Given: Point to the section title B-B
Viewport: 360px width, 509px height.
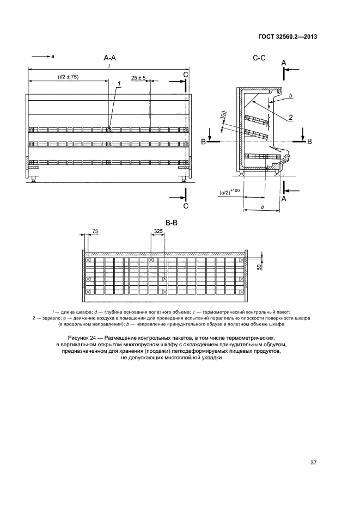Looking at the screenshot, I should pyautogui.click(x=172, y=222).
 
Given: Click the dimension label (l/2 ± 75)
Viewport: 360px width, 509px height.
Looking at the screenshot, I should pyautogui.click(x=68, y=77).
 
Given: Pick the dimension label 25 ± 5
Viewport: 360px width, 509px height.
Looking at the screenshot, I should pyautogui.click(x=139, y=78).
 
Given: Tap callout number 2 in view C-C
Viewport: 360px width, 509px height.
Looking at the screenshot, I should pyautogui.click(x=291, y=117).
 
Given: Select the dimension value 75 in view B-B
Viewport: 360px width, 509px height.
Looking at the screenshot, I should pyautogui.click(x=95, y=231).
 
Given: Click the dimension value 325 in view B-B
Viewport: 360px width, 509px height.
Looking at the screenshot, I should pyautogui.click(x=158, y=231).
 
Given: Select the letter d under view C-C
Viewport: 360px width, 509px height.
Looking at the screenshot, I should pyautogui.click(x=262, y=207).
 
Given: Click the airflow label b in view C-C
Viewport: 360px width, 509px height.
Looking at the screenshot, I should pyautogui.click(x=291, y=96).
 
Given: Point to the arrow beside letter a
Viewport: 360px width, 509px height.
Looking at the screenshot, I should pyautogui.click(x=40, y=56).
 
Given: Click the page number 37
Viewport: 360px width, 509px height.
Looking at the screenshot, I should pyautogui.click(x=313, y=463).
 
